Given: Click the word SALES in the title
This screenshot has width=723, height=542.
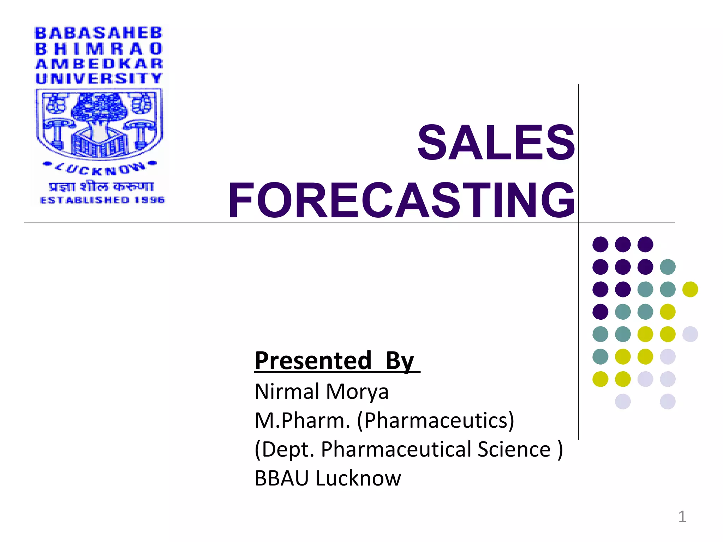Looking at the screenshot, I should point(496,143).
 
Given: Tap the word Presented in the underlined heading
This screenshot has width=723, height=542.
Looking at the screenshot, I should point(313,361).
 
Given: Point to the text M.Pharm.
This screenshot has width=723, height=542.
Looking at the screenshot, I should point(302,420).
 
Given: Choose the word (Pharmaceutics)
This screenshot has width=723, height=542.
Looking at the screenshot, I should point(436,421).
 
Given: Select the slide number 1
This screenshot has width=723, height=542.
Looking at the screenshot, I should point(682,517).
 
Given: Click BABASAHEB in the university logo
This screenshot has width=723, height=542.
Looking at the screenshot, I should point(98,33).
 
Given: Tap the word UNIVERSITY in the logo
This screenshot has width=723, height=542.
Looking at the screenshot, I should point(99,78).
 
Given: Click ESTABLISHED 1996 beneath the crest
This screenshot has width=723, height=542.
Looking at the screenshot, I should point(102,200).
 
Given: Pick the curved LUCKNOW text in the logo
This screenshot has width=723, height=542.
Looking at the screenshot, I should point(100,169).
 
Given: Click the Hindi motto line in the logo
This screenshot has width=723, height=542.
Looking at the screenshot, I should point(101,187).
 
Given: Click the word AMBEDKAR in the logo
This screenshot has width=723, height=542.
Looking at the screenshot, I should point(99,64).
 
